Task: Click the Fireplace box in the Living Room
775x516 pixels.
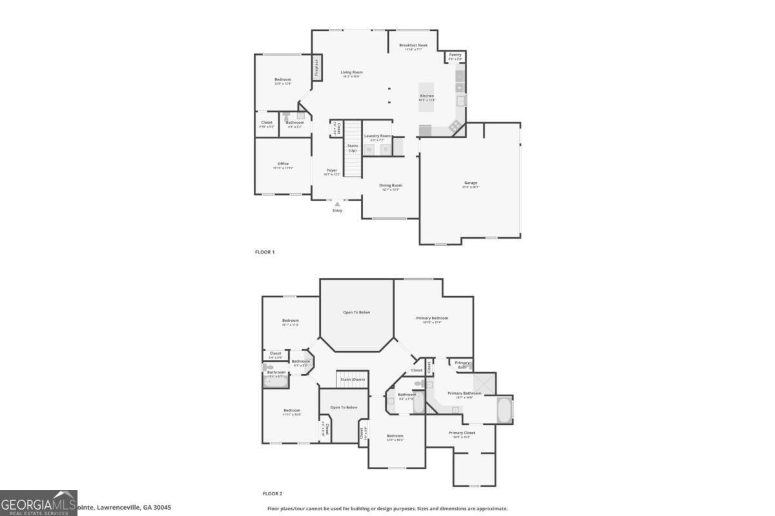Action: click(317, 68)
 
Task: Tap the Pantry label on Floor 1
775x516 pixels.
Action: click(455, 55)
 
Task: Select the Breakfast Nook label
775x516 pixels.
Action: click(413, 45)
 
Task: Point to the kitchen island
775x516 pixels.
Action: click(427, 97)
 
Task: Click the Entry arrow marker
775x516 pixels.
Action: click(337, 204)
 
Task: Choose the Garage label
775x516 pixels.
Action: click(470, 183)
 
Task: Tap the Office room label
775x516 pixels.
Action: click(283, 164)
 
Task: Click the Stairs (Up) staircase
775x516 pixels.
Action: click(352, 149)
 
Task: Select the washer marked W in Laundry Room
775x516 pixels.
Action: click(369, 149)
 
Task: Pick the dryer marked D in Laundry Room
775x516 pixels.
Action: click(386, 149)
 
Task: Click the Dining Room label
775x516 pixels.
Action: click(391, 186)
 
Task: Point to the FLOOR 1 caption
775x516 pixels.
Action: click(265, 252)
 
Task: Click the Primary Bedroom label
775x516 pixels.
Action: click(432, 318)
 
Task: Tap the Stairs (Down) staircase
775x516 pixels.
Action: click(352, 379)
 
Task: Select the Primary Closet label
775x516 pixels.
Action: click(462, 433)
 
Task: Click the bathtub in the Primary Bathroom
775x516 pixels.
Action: click(504, 410)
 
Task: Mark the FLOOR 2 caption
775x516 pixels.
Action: click(273, 493)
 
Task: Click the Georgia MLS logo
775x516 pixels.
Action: click(39, 503)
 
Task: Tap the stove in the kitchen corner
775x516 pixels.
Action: click(457, 126)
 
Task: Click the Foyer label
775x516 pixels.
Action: click(332, 170)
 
